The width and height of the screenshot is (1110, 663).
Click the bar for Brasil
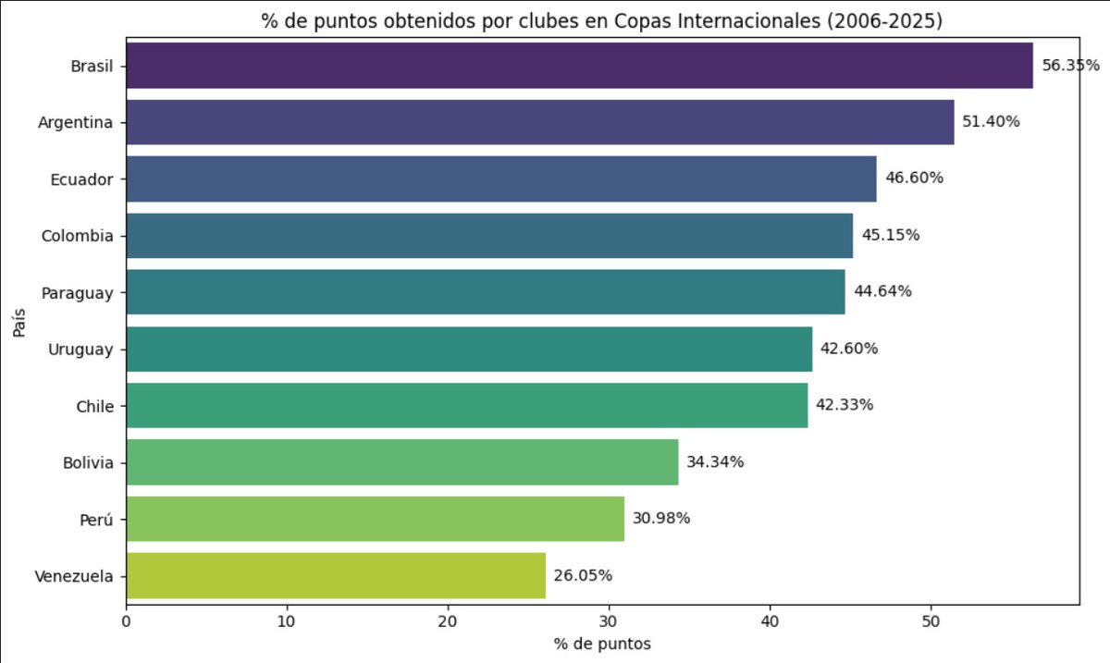[579, 66]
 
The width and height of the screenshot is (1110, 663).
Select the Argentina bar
[540, 122]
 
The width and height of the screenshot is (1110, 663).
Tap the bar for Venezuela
[336, 575]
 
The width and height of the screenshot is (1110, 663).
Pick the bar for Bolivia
[402, 462]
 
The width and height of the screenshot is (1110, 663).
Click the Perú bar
[376, 519]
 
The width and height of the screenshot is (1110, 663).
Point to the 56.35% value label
[1070, 66]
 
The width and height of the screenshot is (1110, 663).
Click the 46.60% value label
[914, 178]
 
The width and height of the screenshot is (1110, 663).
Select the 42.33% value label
[844, 405]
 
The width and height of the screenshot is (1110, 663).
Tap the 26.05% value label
[583, 575]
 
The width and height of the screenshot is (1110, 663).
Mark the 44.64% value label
[882, 292]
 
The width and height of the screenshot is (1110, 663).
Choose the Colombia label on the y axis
[78, 236]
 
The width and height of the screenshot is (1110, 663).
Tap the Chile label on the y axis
[94, 406]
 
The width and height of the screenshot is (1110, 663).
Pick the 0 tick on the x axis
[126, 620]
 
